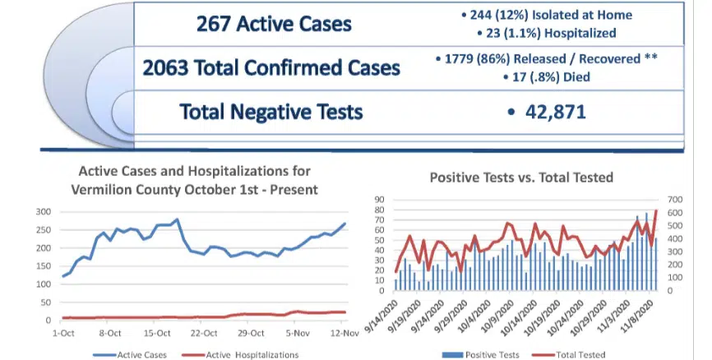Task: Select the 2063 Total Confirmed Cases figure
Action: point(163,68)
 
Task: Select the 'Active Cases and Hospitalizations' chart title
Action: point(194,179)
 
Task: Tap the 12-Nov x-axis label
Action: point(344,334)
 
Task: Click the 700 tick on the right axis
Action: point(676,199)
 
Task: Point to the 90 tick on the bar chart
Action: point(381,199)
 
